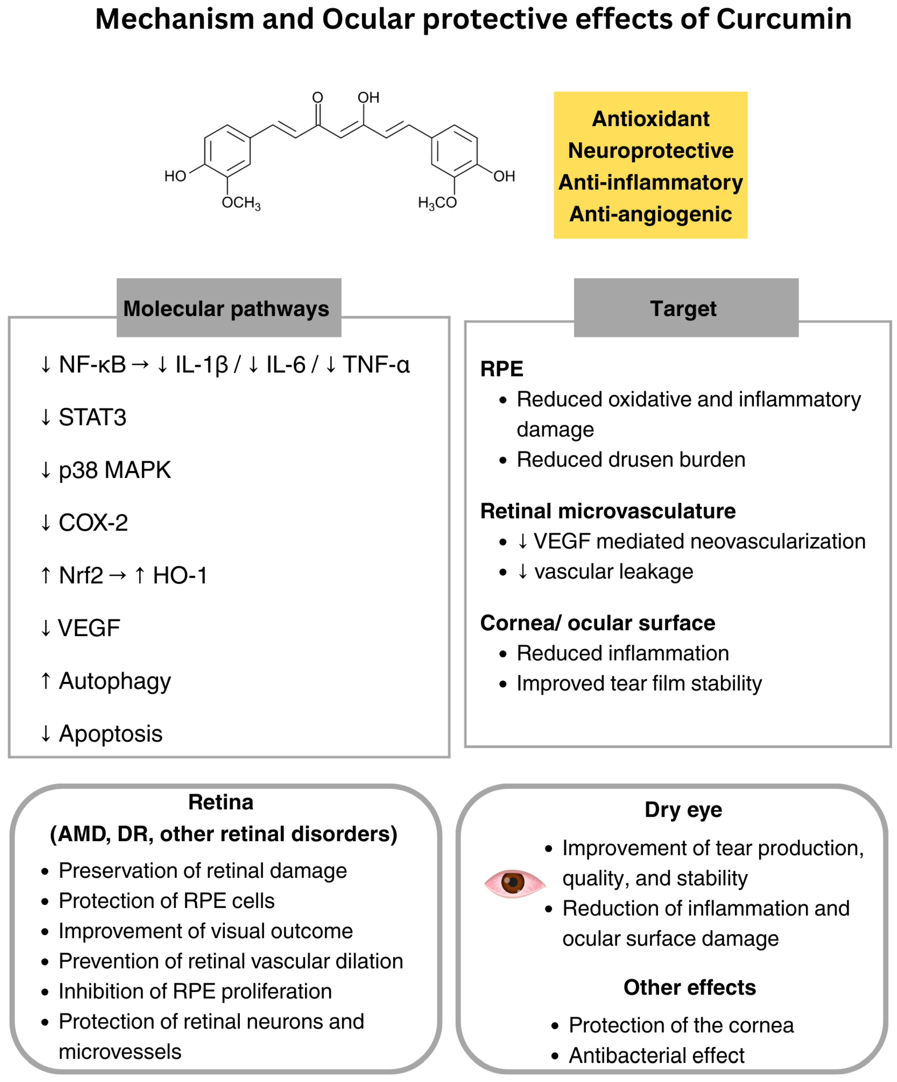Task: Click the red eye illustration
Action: coord(514,883)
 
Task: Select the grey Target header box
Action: coord(686,308)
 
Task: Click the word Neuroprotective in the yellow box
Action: coord(650,150)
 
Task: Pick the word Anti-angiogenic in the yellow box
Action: coord(650,214)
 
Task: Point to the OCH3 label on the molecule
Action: coord(241,203)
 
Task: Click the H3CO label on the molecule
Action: coord(437,203)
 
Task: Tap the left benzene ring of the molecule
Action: coord(227,152)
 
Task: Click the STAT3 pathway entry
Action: coord(92,418)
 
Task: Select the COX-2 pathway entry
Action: coord(93,522)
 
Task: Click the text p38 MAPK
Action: coord(114,470)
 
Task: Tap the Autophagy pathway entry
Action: coord(114,681)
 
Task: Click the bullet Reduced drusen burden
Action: coord(631,460)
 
